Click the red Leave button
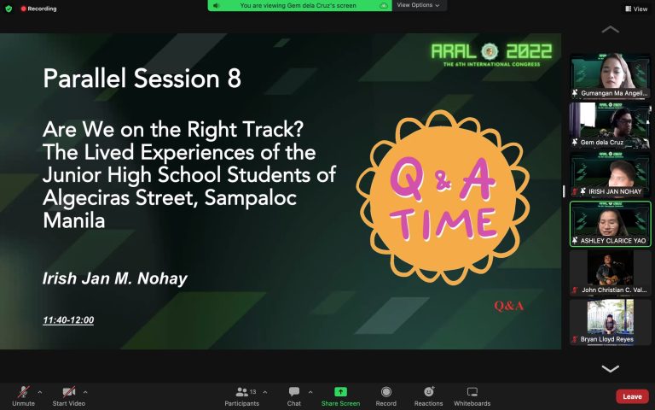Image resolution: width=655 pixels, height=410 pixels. [632, 396]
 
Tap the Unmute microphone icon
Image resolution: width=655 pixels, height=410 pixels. [23, 392]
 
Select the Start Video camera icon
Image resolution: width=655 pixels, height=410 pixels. [68, 392]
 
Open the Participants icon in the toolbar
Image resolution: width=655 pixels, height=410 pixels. [242, 392]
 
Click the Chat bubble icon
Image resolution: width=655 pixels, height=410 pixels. [294, 391]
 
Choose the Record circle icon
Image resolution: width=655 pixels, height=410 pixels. [386, 391]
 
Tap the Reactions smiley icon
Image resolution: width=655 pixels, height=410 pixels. [429, 391]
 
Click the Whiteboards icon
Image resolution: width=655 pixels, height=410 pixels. [472, 391]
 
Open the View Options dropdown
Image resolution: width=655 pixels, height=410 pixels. [418, 5]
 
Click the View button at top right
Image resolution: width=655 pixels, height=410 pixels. [636, 9]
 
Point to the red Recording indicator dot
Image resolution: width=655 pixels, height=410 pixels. [23, 9]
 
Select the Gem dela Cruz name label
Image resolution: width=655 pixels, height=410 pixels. [601, 143]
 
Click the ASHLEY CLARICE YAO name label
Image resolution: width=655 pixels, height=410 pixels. [613, 241]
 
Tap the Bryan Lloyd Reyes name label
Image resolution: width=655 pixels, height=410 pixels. [606, 339]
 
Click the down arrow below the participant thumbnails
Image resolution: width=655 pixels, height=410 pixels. [611, 369]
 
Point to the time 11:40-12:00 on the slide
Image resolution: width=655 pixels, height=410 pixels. [68, 320]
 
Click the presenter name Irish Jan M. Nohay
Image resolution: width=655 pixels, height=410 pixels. [115, 278]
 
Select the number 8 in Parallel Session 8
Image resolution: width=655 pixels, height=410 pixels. [235, 79]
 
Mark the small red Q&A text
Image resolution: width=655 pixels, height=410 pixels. [508, 307]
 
